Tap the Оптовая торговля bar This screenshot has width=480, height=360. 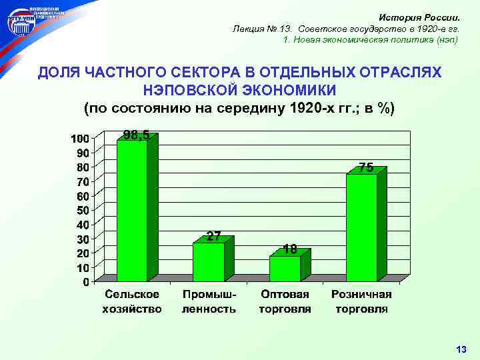[x=285, y=269]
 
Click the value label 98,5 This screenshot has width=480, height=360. [x=136, y=135]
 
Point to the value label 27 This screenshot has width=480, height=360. [x=213, y=236]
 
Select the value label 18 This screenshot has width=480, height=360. [x=289, y=249]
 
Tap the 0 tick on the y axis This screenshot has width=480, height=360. [x=87, y=282]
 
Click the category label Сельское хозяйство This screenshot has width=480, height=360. [x=131, y=301]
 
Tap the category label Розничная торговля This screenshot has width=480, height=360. [x=362, y=301]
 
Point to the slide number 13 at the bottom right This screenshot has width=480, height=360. [x=461, y=349]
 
